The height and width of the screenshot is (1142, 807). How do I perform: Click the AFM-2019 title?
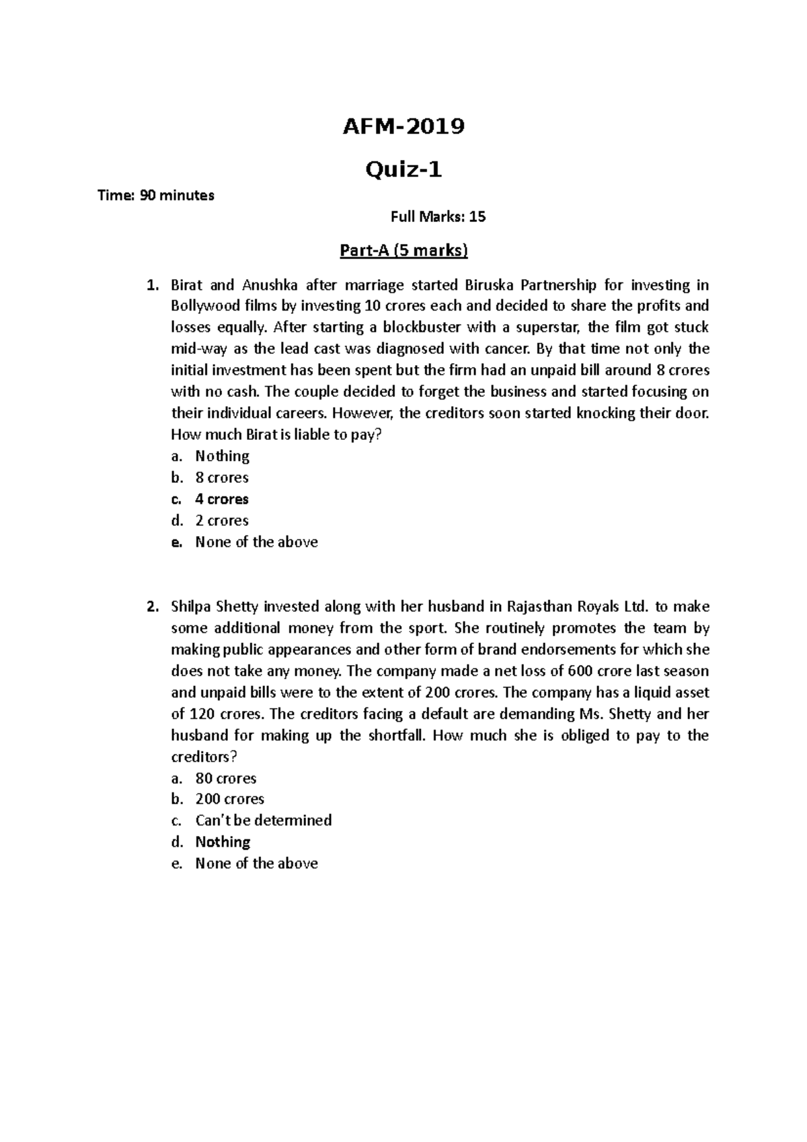click(x=403, y=126)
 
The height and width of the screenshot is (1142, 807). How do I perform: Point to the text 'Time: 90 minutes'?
click(x=156, y=196)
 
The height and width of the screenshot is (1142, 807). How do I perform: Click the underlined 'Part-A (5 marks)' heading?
click(x=403, y=251)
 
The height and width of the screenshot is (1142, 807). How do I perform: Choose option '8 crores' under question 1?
click(x=222, y=478)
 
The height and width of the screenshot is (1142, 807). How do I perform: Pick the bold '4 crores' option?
click(x=222, y=499)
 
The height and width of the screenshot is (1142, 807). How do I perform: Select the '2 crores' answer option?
click(x=222, y=521)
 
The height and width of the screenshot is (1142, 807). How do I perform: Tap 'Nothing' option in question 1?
click(x=222, y=456)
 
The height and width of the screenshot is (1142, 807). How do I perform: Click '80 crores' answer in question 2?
click(x=226, y=778)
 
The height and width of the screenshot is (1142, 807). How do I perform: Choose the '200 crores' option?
click(x=229, y=799)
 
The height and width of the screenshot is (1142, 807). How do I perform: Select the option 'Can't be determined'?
click(x=264, y=821)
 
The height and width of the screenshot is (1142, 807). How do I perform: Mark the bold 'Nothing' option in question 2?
click(x=223, y=842)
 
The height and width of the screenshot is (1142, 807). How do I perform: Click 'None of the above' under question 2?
click(x=256, y=864)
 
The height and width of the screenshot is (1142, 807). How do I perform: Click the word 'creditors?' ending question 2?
click(x=204, y=757)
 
